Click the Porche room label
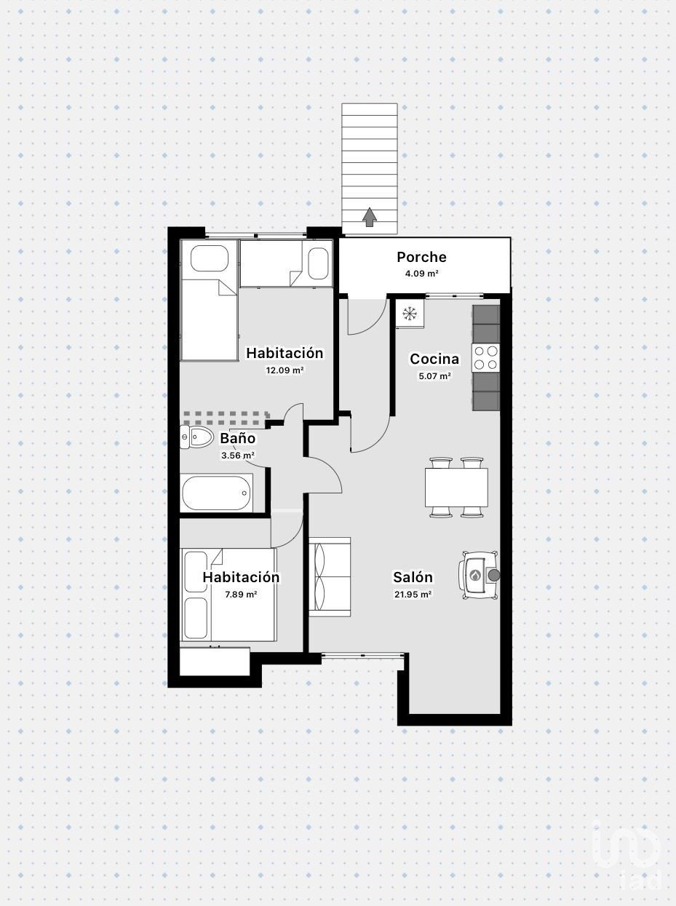pos(421,257)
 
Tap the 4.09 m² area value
pos(421,273)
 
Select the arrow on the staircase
pos(370,217)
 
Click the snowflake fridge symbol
pos(410,314)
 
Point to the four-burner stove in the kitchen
pos(486,357)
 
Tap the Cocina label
pos(434,359)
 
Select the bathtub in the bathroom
pos(217,493)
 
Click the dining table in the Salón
pos(456,487)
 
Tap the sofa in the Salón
pos(330,577)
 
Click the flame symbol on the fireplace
pos(475,575)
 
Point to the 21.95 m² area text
pos(413,595)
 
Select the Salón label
pos(413,577)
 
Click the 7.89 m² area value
pos(241,595)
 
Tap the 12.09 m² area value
pos(285,370)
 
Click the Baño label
pos(238,438)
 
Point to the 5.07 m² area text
pos(434,376)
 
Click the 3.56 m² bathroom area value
pos(238,456)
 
